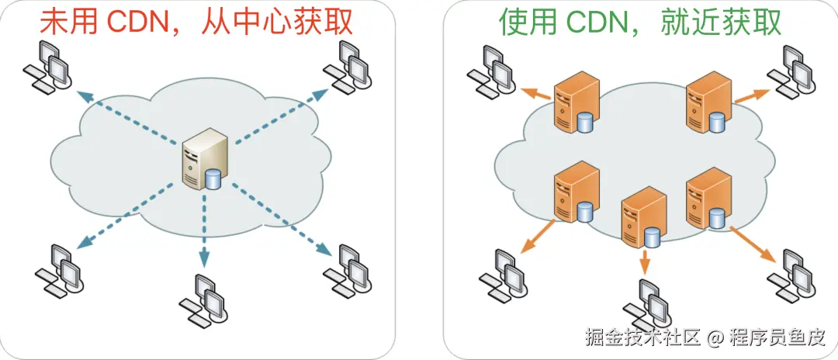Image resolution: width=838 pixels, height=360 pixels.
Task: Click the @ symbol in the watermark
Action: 715,339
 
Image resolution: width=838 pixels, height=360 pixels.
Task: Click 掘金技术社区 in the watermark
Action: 644,339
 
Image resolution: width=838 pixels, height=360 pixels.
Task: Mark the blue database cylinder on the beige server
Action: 213,179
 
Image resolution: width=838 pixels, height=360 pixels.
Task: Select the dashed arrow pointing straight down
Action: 205,233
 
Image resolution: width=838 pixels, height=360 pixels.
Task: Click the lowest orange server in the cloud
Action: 644,216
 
